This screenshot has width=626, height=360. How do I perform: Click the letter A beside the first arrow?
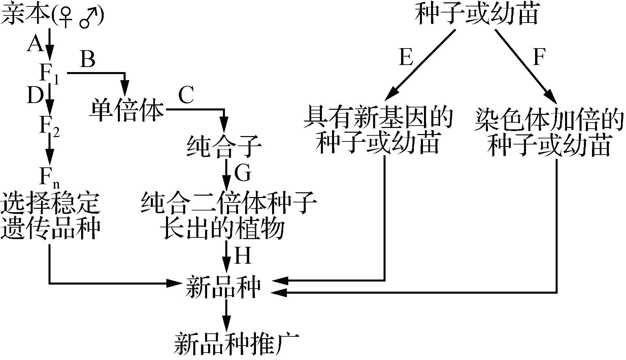36,44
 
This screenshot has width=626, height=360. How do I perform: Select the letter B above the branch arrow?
88,60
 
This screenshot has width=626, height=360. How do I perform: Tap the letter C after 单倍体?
186,96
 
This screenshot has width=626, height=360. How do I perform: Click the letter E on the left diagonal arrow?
405,57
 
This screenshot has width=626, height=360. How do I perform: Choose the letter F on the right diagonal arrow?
539,57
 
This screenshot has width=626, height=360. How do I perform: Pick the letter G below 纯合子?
242,173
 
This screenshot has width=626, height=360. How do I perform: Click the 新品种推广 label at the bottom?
232,344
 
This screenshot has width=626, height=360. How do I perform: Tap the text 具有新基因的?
378,118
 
